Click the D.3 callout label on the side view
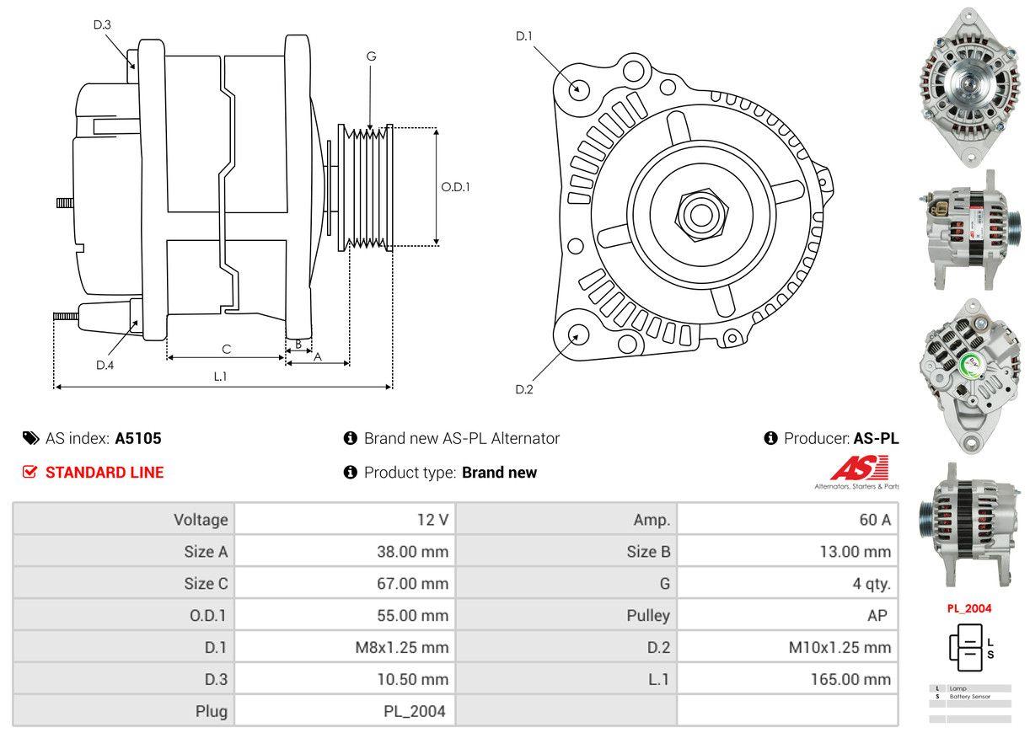[102, 24]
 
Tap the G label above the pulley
[371, 56]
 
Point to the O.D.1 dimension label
[455, 187]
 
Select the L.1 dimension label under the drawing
[220, 377]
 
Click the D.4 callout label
[105, 365]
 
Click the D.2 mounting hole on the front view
[577, 334]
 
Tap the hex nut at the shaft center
[698, 212]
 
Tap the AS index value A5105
[138, 438]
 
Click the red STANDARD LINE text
[105, 473]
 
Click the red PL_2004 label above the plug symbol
[969, 608]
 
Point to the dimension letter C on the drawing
[226, 349]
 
